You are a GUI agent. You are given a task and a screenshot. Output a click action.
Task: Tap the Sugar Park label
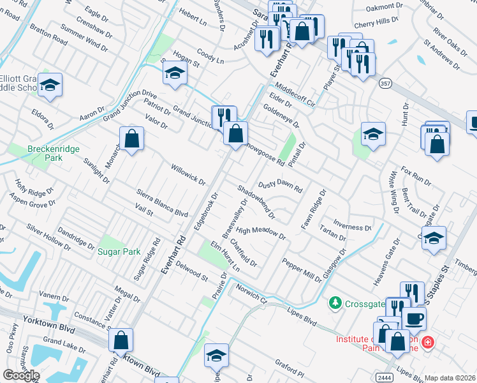click(x=119, y=252)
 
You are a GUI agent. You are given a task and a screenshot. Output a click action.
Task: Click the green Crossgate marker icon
click(x=334, y=301)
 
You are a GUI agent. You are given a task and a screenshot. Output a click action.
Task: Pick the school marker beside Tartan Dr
click(x=434, y=238)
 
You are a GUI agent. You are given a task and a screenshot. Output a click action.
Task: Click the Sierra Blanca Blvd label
click(x=162, y=204)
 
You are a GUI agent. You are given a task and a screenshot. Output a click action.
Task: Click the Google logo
click(x=21, y=375)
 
